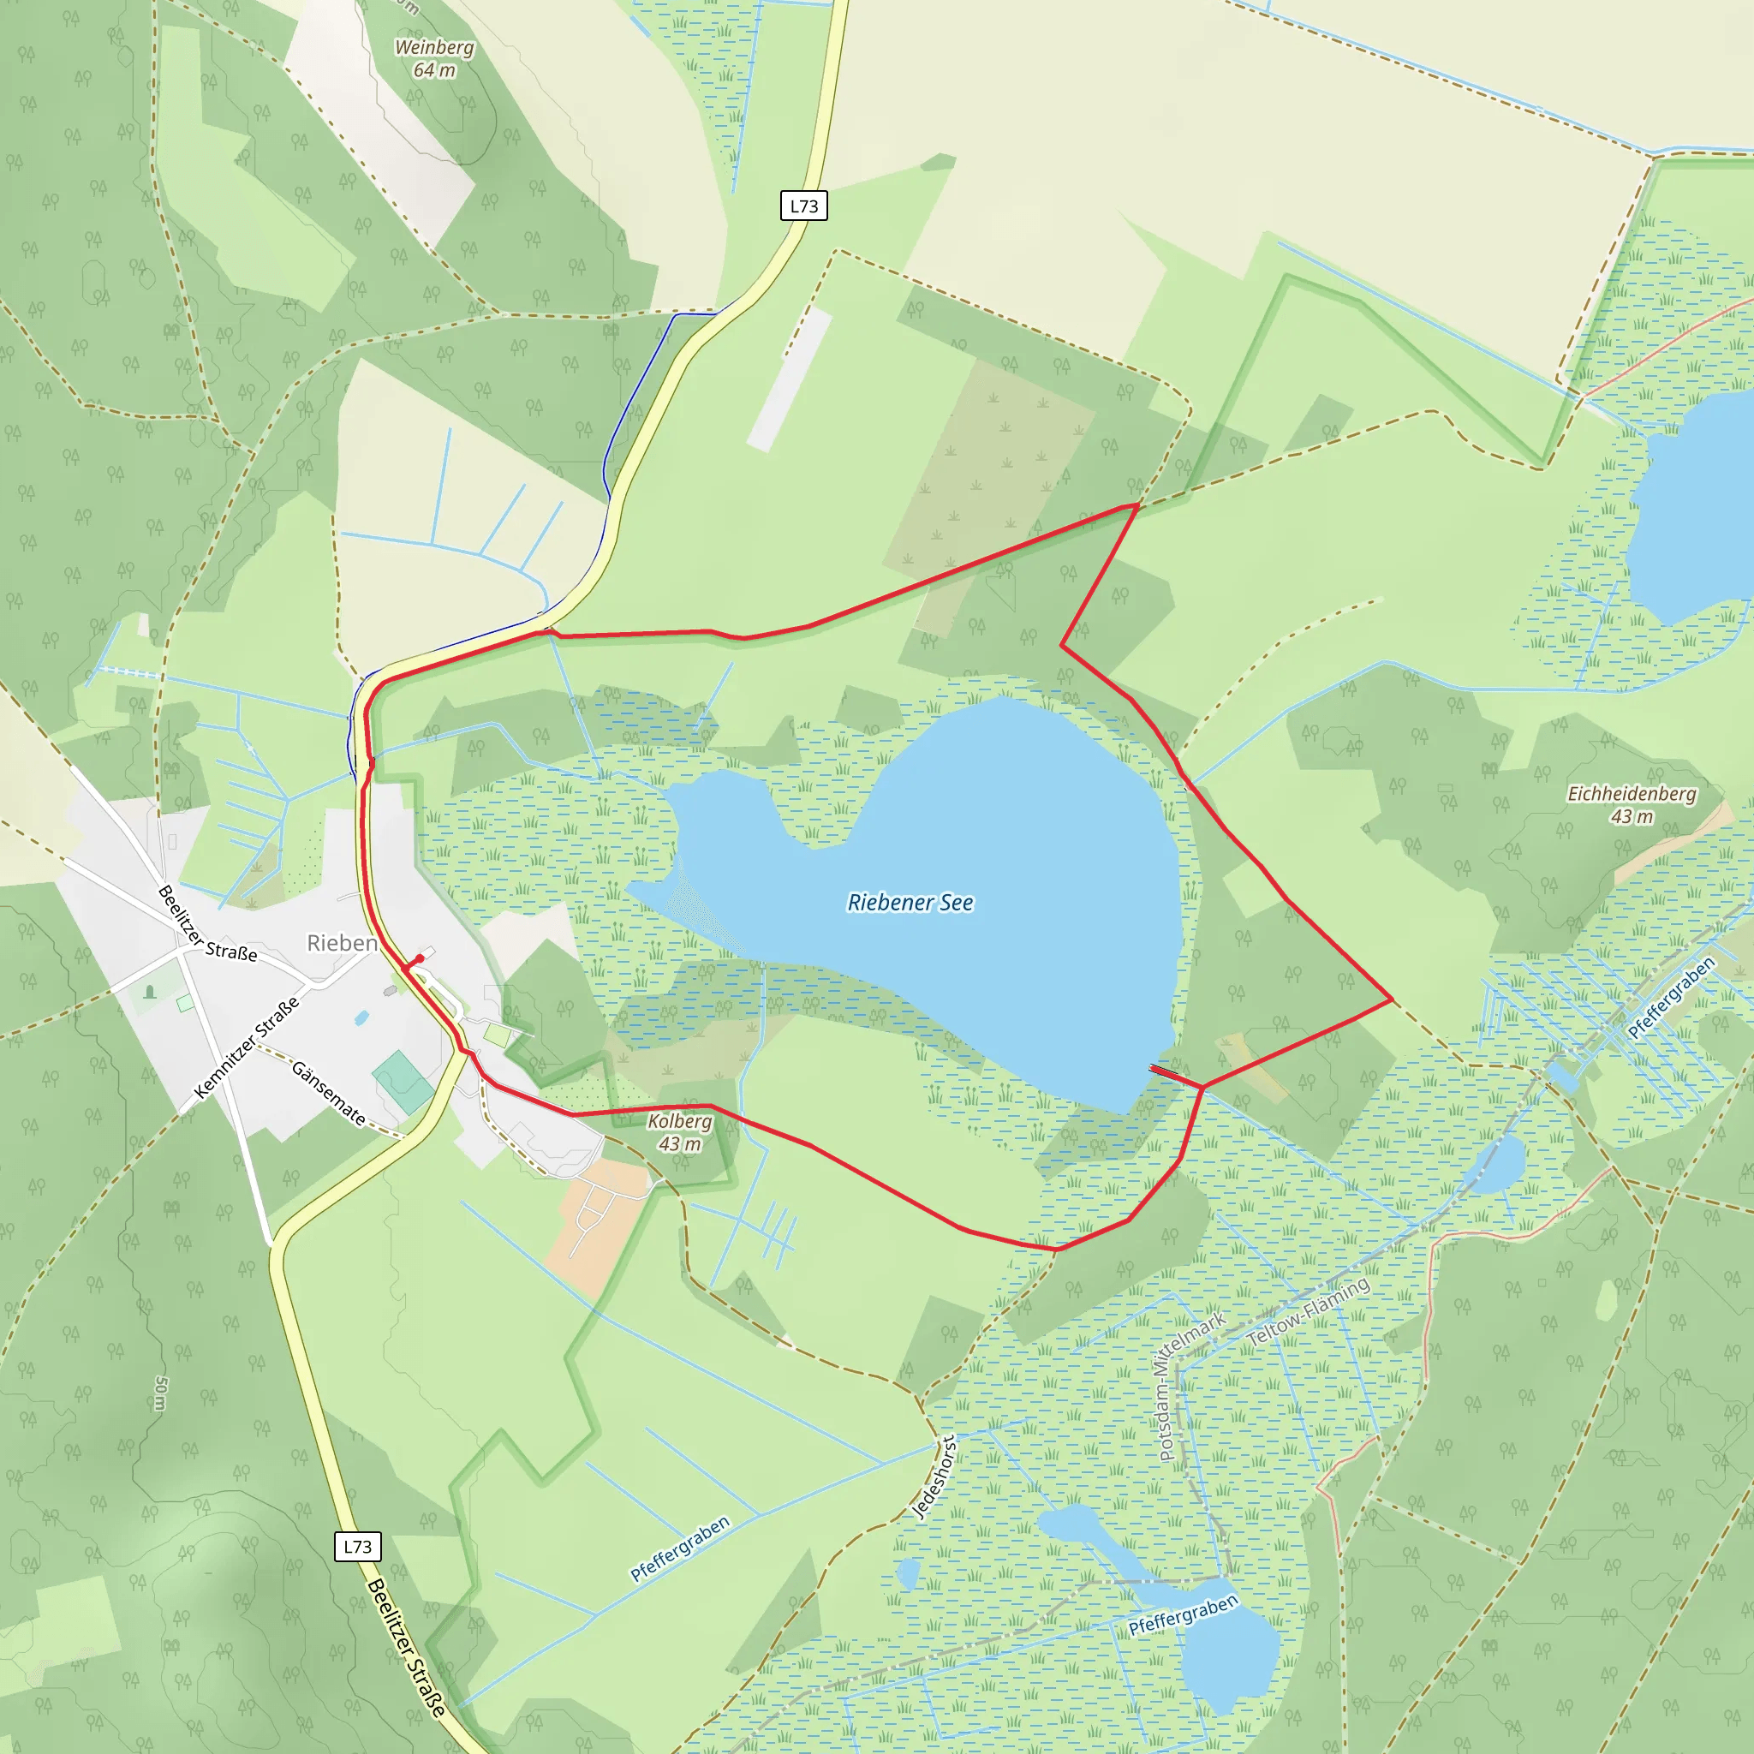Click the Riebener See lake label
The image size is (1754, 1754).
[910, 903]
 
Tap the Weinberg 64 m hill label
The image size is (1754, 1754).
[434, 58]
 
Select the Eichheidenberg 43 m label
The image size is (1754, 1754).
[1632, 804]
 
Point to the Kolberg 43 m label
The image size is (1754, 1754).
[679, 1132]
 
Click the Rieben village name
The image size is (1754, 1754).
[343, 943]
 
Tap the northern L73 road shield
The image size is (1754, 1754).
[803, 206]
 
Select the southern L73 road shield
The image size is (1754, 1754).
[357, 1546]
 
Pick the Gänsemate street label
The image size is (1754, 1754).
[329, 1093]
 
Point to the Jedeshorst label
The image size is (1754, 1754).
[934, 1477]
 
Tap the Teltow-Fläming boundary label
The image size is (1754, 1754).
[1309, 1312]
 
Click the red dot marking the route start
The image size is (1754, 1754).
[420, 958]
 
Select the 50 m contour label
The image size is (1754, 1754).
[161, 1393]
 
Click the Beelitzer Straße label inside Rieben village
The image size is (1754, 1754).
[207, 923]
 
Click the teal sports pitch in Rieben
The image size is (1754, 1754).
[403, 1082]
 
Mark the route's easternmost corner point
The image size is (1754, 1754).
[1392, 999]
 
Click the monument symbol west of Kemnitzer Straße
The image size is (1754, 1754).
[151, 992]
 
